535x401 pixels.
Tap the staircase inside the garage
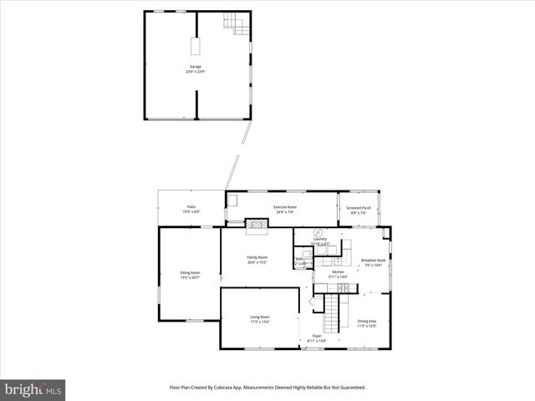237,25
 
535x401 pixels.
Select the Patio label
191,209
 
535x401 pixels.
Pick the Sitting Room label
190,274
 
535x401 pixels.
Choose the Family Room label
257,259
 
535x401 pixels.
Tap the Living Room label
260,319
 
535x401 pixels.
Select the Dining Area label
367,323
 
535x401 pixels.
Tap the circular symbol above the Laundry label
318,231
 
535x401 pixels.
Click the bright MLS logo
33,389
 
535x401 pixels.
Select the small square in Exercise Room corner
233,199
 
